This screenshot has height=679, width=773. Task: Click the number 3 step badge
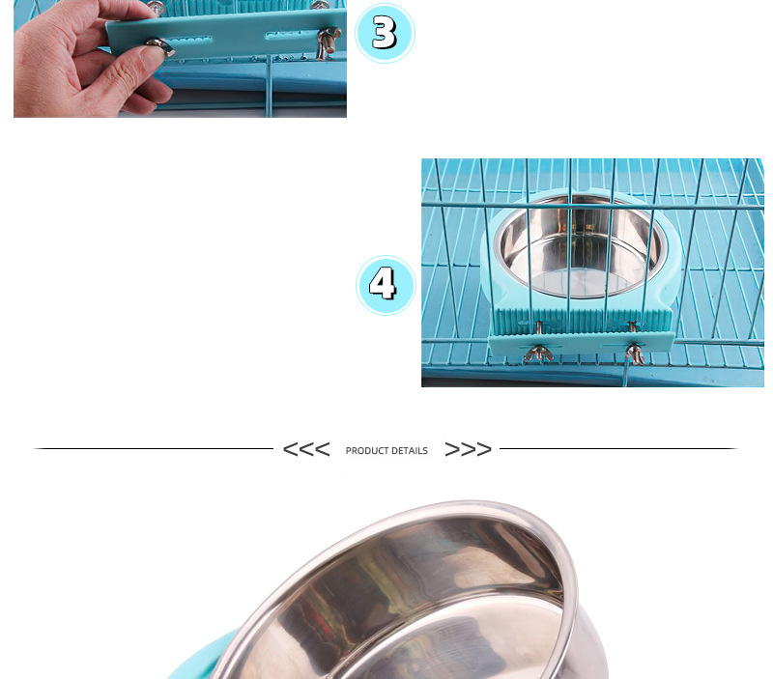[385, 33]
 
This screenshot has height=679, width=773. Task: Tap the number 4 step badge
[386, 285]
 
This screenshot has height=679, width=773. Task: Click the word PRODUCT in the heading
[367, 451]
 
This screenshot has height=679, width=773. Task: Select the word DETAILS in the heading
[409, 451]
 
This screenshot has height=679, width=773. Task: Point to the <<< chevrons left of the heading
[306, 449]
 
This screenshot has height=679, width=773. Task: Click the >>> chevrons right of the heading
[469, 449]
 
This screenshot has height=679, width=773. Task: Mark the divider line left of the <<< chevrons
[154, 448]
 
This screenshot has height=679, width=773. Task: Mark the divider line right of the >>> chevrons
[618, 448]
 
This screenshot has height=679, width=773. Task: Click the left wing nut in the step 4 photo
[538, 353]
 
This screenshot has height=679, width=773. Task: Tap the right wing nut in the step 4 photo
[635, 354]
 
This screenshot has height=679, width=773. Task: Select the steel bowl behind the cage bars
[581, 246]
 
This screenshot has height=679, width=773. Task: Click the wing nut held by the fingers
[160, 46]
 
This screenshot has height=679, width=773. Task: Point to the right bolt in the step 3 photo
[327, 42]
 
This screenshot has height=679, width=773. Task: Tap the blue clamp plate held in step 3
[226, 35]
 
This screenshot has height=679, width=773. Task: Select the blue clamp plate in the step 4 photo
[582, 345]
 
